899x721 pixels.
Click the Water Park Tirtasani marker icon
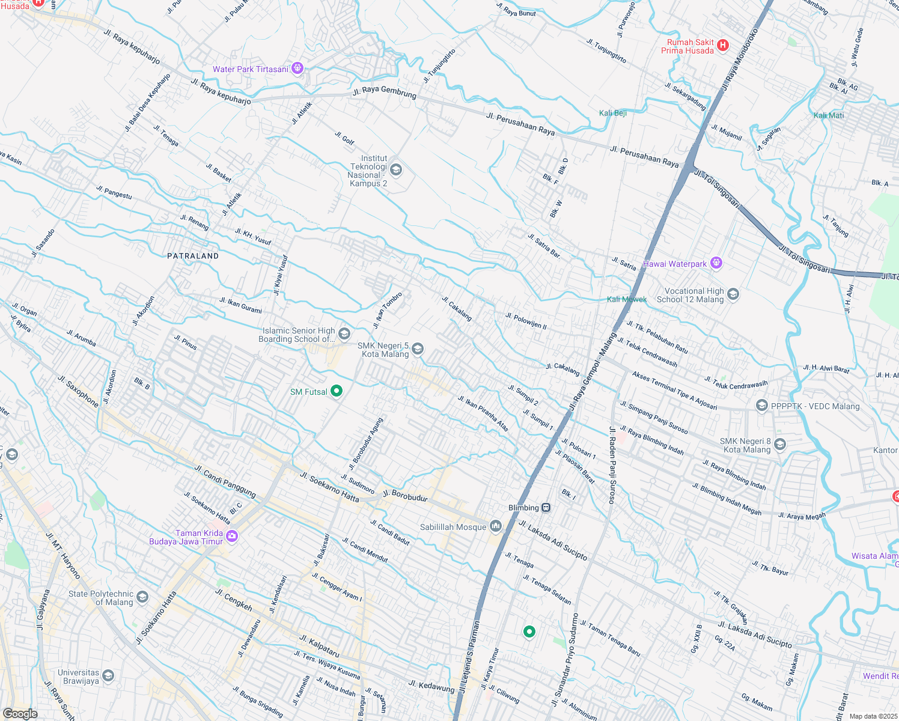(x=297, y=68)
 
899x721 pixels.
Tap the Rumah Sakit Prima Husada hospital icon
(x=723, y=45)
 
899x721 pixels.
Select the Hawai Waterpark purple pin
(x=716, y=263)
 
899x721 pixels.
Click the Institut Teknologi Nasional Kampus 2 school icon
(x=395, y=169)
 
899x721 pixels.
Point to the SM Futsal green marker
(x=337, y=391)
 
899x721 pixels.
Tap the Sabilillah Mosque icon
(x=496, y=526)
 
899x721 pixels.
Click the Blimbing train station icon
(x=546, y=508)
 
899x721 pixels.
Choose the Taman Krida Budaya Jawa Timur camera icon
(x=232, y=536)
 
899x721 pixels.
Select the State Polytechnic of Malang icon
(x=142, y=597)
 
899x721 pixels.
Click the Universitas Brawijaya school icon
(x=108, y=675)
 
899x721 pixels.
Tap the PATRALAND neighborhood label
(x=193, y=256)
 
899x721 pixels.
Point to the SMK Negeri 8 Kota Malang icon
(x=780, y=445)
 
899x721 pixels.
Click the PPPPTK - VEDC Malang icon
(x=761, y=406)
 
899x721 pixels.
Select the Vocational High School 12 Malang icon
(x=733, y=294)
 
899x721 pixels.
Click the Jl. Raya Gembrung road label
(x=385, y=93)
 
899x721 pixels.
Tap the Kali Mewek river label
(x=627, y=299)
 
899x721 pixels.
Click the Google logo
(x=20, y=714)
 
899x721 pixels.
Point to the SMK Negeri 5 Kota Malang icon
(x=418, y=349)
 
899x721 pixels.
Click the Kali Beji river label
(x=613, y=113)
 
